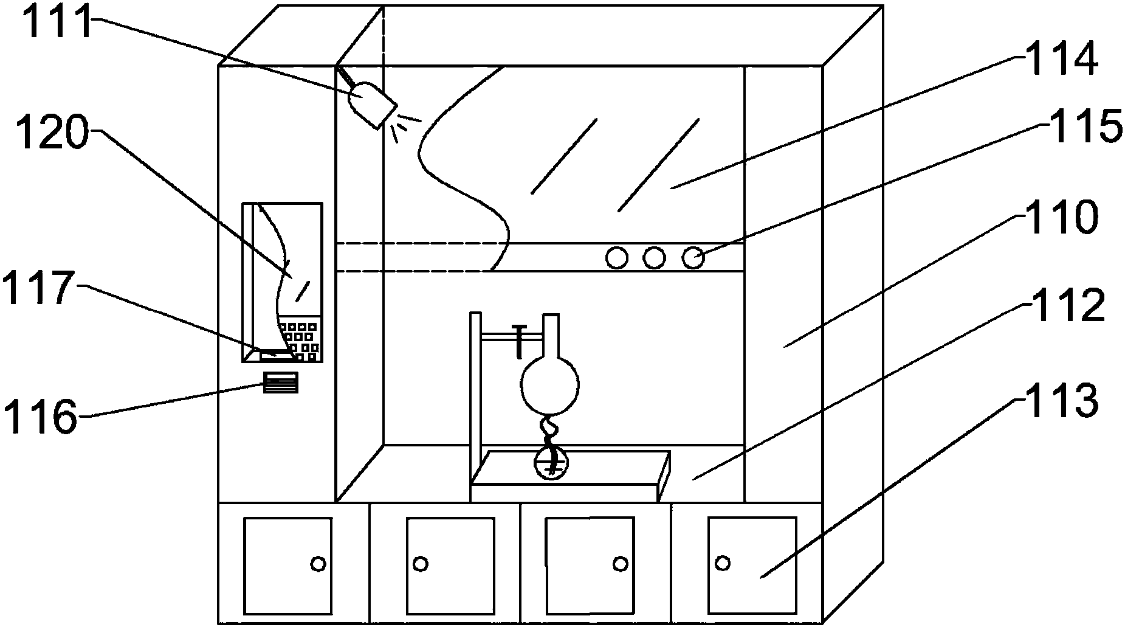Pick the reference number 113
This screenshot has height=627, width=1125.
tap(1061, 401)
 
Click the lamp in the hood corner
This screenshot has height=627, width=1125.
tap(371, 103)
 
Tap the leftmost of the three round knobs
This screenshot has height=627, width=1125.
tap(616, 258)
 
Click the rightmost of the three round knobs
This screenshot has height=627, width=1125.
tap(692, 258)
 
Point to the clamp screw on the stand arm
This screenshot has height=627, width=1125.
tap(520, 341)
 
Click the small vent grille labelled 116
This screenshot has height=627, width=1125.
tap(280, 383)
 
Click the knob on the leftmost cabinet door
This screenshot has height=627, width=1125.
tap(317, 564)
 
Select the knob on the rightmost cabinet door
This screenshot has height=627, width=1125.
tap(723, 563)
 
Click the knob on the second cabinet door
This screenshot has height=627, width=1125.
tap(420, 564)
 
